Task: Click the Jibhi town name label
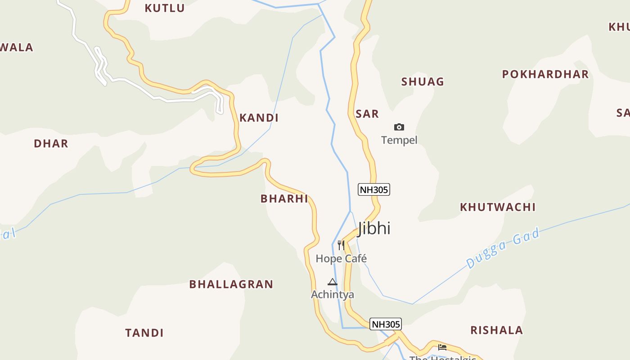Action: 374,228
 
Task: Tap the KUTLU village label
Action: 165,8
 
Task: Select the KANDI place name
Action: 259,118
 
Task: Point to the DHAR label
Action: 51,144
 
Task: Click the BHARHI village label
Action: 284,198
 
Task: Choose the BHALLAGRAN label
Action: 231,284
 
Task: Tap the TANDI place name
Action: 144,333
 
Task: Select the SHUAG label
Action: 423,82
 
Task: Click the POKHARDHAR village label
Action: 545,74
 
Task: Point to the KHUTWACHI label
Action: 498,207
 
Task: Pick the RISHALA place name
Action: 497,330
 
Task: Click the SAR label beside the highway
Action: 367,114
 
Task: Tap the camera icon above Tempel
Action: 399,127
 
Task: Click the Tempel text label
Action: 399,140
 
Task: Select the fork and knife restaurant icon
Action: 341,245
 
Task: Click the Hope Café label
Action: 341,259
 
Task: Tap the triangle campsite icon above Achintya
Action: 333,282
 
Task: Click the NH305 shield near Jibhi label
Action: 373,189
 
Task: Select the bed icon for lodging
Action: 442,347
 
